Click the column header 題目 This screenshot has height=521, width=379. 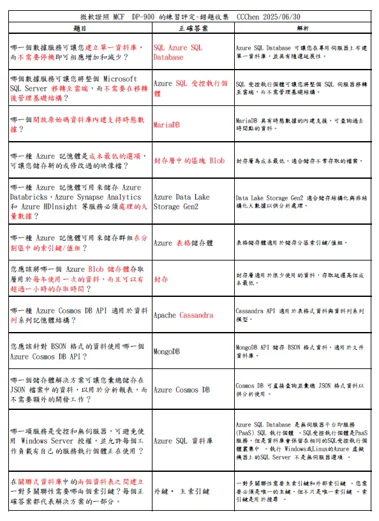point(80,28)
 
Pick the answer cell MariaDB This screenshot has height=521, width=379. point(168,125)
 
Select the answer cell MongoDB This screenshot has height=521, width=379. point(167,351)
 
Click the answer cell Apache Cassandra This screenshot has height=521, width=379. point(184,315)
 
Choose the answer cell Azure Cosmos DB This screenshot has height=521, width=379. point(182,389)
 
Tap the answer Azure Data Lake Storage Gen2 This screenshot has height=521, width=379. point(181,202)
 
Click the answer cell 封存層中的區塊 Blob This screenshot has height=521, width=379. point(189,161)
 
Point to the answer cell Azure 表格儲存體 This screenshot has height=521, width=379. point(183,243)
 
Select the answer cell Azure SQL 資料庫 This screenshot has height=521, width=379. point(183,441)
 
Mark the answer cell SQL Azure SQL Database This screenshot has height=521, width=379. point(178,52)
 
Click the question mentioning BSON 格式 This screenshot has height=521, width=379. point(79,351)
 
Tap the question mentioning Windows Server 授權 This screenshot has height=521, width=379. point(79,441)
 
